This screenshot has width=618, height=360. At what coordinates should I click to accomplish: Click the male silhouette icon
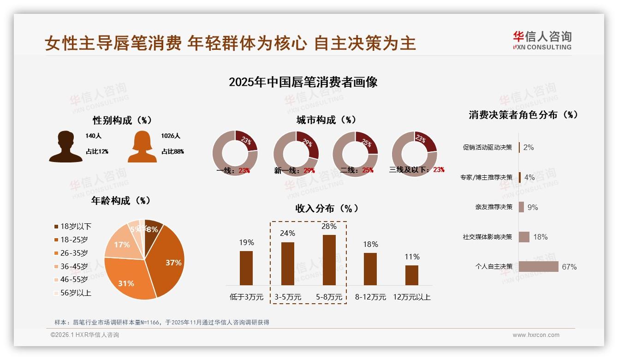65,146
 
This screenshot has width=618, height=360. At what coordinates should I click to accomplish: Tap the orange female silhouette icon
142,146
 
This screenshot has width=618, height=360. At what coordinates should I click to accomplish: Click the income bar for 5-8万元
329,260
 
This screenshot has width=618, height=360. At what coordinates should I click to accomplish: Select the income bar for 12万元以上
412,275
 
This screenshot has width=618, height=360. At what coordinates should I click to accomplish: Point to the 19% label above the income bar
246,243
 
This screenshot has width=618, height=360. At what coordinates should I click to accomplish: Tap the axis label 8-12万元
370,297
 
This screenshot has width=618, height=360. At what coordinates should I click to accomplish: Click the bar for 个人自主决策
538,267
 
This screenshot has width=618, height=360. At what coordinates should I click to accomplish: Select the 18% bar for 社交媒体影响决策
524,237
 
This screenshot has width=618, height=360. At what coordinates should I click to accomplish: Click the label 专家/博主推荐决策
486,177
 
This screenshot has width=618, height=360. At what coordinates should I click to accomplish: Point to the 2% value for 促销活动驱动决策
529,148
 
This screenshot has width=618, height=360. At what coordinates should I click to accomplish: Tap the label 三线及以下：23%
416,170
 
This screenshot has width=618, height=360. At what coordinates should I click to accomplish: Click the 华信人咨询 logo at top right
542,40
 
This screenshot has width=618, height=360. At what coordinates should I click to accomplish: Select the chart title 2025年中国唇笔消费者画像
303,82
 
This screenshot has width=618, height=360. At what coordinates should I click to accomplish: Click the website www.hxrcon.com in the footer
536,335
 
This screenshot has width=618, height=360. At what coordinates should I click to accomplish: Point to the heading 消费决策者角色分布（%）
523,115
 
